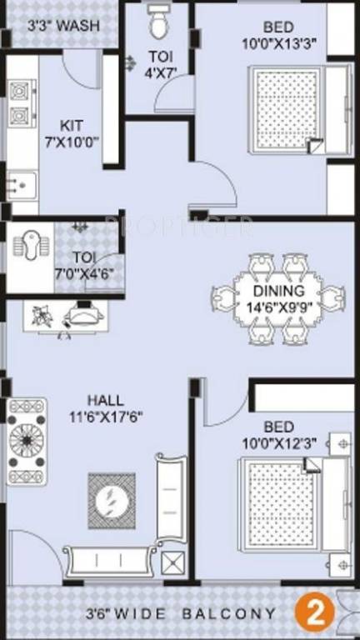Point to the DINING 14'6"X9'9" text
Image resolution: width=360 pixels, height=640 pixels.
[x=274, y=298]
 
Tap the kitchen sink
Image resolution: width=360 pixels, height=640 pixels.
[x=20, y=181]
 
